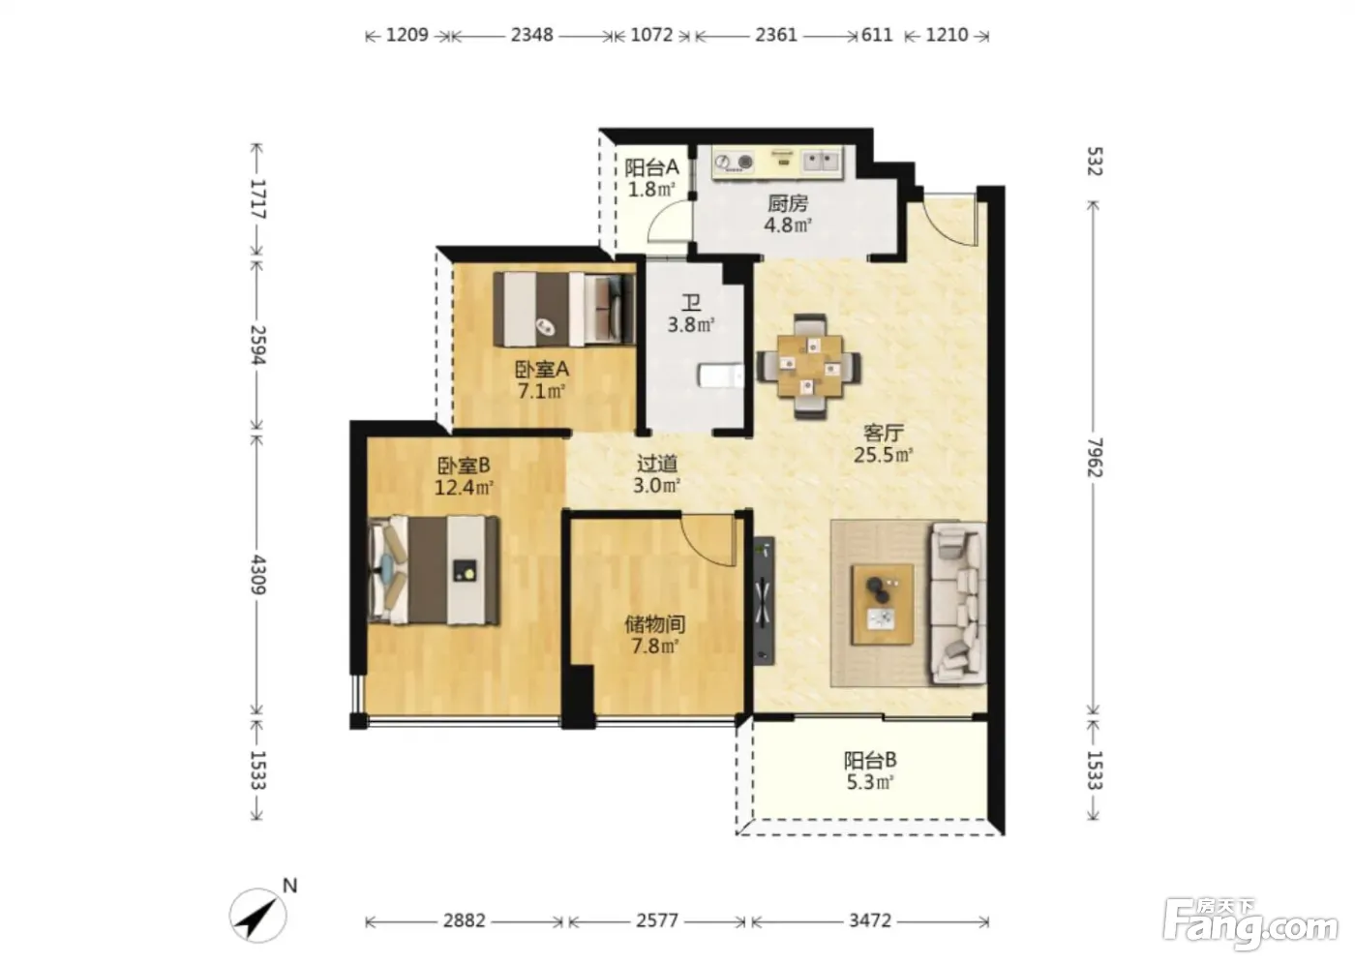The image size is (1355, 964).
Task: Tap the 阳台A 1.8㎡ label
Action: (x=651, y=178)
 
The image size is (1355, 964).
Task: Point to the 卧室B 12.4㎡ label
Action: (x=464, y=476)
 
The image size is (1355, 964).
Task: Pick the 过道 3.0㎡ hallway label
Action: (x=657, y=474)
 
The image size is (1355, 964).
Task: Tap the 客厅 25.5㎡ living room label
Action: (x=883, y=444)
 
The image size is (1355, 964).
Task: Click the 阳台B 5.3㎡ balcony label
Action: (x=870, y=770)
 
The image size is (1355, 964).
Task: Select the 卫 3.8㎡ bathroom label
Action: (x=691, y=314)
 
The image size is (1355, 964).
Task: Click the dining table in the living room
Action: (x=810, y=367)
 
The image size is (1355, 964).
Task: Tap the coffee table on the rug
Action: (x=883, y=604)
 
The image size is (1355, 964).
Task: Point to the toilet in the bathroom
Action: (x=721, y=376)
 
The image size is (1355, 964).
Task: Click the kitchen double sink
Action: (x=822, y=161)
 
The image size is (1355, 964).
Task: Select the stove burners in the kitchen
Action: (x=734, y=162)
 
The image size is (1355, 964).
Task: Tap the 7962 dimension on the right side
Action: (x=1095, y=457)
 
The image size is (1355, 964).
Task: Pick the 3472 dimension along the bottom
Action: (x=870, y=921)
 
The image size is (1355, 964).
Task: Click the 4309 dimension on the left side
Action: (x=258, y=575)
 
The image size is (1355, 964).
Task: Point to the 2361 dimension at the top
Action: (x=776, y=35)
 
